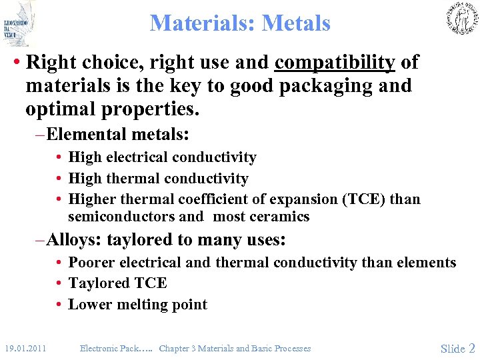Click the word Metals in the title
tap(296, 23)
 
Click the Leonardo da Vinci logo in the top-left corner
tap(19, 23)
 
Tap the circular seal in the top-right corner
tap(461, 19)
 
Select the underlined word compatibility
tap(335, 63)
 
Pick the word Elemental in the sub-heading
tap(86, 135)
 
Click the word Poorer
tap(91, 263)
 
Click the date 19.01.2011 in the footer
tap(25, 348)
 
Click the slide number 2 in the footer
tap(472, 348)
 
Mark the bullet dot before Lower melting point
tap(59, 305)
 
